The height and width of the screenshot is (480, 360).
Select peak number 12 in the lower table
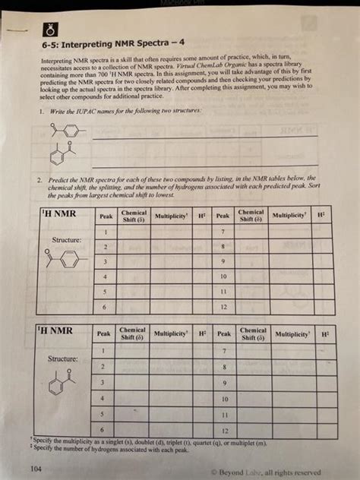(x=225, y=430)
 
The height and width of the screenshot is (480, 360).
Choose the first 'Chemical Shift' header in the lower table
(x=132, y=334)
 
